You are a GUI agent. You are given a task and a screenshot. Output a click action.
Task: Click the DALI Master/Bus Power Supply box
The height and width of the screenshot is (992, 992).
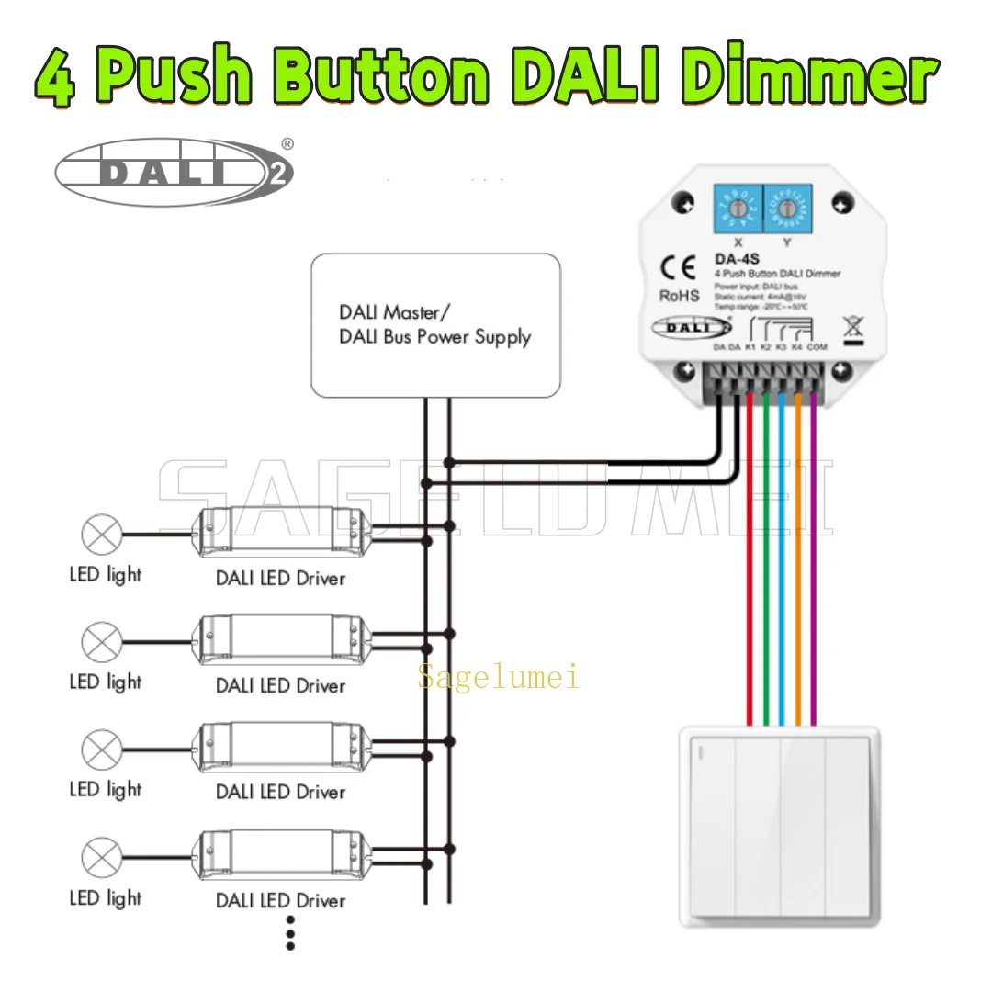click(x=435, y=325)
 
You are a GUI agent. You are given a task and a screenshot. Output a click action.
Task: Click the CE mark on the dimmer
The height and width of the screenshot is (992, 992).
click(x=679, y=268)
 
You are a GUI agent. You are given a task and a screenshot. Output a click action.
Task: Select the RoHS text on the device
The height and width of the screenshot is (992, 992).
click(x=679, y=296)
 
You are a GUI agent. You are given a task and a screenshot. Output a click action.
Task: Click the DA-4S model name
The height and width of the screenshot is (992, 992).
click(x=732, y=259)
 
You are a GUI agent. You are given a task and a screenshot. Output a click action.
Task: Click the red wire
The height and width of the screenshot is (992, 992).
click(x=751, y=551)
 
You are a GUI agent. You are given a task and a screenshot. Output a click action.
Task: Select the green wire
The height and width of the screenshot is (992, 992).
click(x=766, y=551)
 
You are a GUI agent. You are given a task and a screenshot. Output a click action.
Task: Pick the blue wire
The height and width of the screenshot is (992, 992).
click(x=782, y=551)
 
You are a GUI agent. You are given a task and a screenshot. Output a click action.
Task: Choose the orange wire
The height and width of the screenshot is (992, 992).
click(x=797, y=551)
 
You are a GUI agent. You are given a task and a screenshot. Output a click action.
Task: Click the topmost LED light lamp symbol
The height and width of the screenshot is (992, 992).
click(x=101, y=534)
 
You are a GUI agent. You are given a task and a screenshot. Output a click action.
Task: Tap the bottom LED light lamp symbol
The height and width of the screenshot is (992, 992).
click(x=101, y=858)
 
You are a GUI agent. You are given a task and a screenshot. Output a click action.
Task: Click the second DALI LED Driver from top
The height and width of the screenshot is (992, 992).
click(x=281, y=641)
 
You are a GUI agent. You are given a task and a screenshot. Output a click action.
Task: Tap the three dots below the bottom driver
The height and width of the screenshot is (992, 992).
click(x=290, y=933)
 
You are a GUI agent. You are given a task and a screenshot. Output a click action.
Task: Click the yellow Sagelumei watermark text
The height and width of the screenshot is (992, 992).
click(x=498, y=678)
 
